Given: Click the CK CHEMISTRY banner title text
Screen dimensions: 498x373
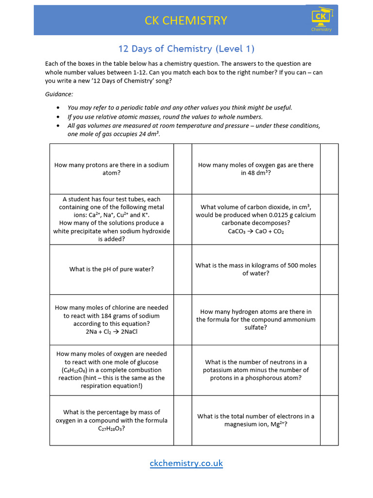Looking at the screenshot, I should [x=186, y=20].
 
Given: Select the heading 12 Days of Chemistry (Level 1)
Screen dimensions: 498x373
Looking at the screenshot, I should [x=186, y=49].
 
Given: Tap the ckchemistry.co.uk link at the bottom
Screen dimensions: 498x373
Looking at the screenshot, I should [x=186, y=463].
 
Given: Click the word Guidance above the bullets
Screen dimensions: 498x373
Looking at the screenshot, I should [x=59, y=94].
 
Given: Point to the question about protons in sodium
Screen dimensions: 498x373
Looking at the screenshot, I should [x=112, y=169].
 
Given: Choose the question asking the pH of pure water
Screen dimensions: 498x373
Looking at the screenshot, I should [x=112, y=269].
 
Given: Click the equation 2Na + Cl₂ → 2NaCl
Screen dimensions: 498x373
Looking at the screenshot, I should [x=112, y=332].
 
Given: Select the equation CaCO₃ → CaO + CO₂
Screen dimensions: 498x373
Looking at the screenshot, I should [x=256, y=231].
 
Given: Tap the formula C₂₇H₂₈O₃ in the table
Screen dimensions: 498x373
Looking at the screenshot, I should [x=112, y=428].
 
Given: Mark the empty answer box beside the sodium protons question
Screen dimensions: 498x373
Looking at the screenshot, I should [x=183, y=169].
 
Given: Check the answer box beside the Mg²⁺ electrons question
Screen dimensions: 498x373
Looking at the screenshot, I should [x=329, y=420].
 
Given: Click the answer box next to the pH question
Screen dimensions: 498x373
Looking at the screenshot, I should [x=183, y=269].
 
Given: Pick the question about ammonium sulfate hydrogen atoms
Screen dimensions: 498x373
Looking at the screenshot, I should [x=256, y=320].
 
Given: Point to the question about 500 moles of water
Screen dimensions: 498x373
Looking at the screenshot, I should [x=256, y=269].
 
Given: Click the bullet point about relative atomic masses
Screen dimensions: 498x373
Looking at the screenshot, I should [x=165, y=117].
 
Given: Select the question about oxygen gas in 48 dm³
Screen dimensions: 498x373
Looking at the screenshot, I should [x=256, y=169].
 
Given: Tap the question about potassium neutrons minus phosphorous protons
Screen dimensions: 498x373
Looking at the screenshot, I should [x=256, y=370].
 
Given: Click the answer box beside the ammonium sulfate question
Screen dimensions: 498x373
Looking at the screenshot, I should [x=329, y=320].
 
